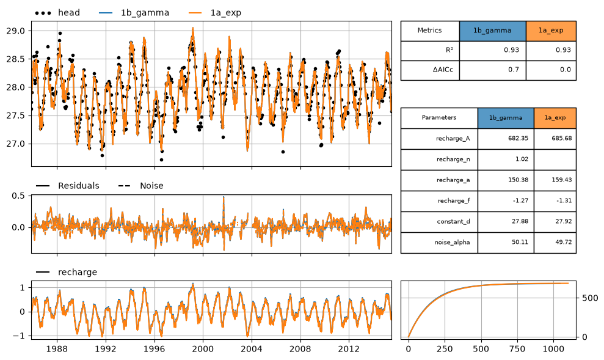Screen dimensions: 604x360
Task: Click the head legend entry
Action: coord(57,13)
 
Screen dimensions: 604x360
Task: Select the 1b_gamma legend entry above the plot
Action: coord(134,13)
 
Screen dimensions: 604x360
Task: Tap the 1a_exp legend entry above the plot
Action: coord(215,13)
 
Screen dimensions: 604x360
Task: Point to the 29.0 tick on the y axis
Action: coord(15,31)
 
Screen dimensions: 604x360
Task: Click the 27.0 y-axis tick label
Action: coord(15,144)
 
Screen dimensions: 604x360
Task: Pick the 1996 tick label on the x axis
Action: coord(155,349)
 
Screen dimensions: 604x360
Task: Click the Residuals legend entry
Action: coord(67,186)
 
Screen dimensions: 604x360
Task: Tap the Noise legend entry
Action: coord(140,186)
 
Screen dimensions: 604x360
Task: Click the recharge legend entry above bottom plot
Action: coord(66,272)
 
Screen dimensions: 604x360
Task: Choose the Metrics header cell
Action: coord(430,31)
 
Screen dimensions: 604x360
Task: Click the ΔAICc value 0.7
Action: coord(493,70)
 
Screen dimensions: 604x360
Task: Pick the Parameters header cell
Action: coord(439,118)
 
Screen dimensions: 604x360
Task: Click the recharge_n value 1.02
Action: coord(506,160)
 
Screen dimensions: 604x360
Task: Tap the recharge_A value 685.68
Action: coord(555,139)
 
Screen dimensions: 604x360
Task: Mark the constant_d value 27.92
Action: coord(555,222)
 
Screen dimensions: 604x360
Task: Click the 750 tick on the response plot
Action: coord(517,349)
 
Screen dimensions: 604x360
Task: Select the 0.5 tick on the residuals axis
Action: coord(18,196)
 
